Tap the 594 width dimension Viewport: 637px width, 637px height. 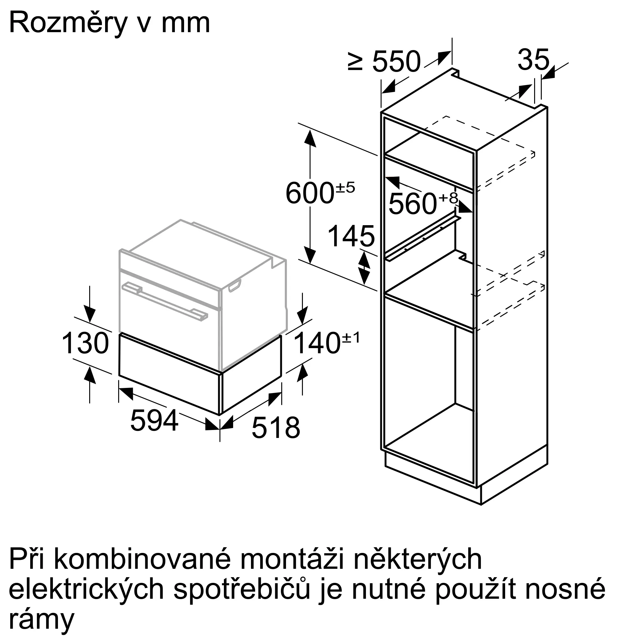[x=154, y=420]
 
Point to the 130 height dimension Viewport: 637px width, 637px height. [x=85, y=343]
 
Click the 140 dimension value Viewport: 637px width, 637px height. [x=317, y=343]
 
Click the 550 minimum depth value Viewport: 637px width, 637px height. [x=396, y=62]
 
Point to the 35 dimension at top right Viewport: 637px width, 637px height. [x=533, y=60]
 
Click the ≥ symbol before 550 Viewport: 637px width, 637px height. [x=355, y=62]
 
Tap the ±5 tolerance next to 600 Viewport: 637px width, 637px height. [x=345, y=187]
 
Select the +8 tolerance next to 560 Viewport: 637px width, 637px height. [x=448, y=198]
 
